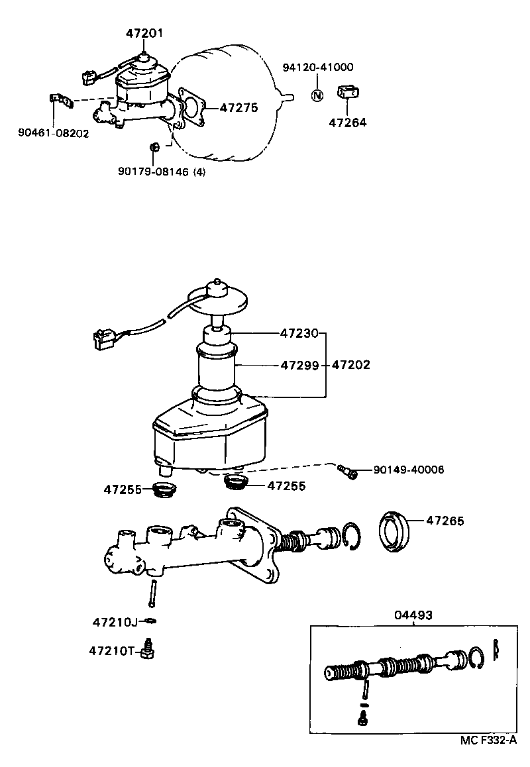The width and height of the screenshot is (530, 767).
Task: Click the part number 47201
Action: [144, 32]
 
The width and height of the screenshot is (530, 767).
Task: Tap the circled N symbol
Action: [317, 95]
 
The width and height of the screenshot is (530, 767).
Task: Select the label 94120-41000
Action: [318, 68]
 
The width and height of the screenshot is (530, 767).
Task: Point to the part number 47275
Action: [238, 107]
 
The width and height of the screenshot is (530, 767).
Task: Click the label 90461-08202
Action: [53, 133]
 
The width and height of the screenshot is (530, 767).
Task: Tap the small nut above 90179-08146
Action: [153, 146]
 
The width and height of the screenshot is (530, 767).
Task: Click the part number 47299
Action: [299, 365]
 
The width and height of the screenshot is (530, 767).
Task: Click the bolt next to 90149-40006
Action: [346, 471]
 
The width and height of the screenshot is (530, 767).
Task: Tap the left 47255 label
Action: [122, 491]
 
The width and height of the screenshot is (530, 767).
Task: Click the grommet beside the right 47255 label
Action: [237, 482]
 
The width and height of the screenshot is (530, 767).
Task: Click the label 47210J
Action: [115, 622]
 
